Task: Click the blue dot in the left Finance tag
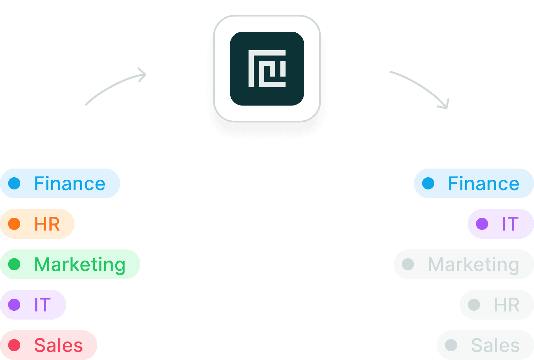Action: pyautogui.click(x=14, y=183)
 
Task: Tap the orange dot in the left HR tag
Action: pyautogui.click(x=14, y=224)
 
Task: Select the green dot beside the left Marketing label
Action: pyautogui.click(x=14, y=264)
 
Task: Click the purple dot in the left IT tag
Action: pyautogui.click(x=14, y=305)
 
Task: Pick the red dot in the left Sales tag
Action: pyautogui.click(x=14, y=345)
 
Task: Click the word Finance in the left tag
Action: pyautogui.click(x=70, y=184)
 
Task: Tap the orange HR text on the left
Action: pyautogui.click(x=47, y=224)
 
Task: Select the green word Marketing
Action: pyautogui.click(x=80, y=265)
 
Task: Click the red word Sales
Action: pyautogui.click(x=58, y=346)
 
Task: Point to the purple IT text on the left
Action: pyautogui.click(x=42, y=305)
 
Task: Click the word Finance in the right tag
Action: pyautogui.click(x=483, y=184)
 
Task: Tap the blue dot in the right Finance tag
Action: pyautogui.click(x=428, y=183)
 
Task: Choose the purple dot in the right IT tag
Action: pyautogui.click(x=482, y=224)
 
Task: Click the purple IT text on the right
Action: pyautogui.click(x=510, y=224)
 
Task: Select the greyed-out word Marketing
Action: pyautogui.click(x=473, y=265)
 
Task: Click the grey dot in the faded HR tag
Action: pyautogui.click(x=474, y=305)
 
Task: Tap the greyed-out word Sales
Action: pyautogui.click(x=495, y=346)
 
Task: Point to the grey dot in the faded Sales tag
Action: pyautogui.click(x=451, y=345)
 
